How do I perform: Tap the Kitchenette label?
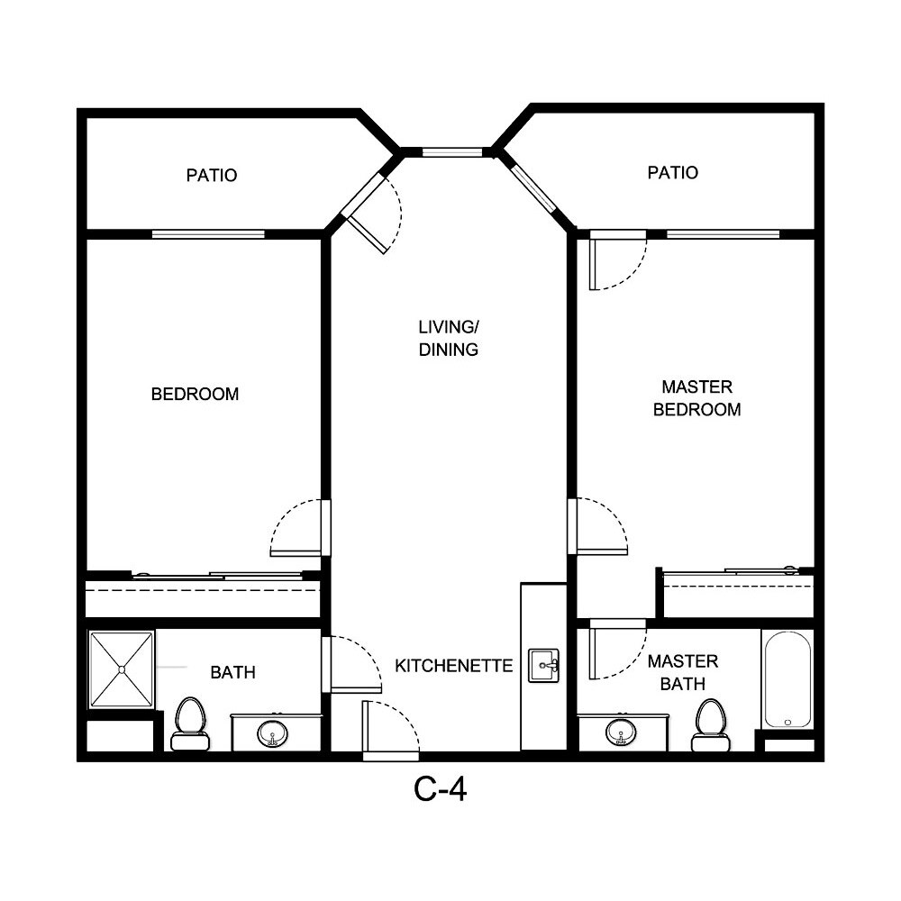pos(453,666)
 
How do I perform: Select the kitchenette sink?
pos(542,666)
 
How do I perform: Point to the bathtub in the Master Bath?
pos(787,678)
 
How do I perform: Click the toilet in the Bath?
pos(189,723)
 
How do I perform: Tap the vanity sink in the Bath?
pos(272,734)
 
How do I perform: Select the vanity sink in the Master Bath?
pos(620,733)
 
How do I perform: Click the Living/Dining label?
pos(448,338)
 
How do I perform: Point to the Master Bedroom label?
pos(696,398)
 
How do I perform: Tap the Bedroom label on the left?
pos(195,394)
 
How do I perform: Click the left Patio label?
pos(212,175)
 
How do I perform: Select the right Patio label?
pos(672,172)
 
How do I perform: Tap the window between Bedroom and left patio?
pos(208,234)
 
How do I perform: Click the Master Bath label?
pos(682,673)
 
